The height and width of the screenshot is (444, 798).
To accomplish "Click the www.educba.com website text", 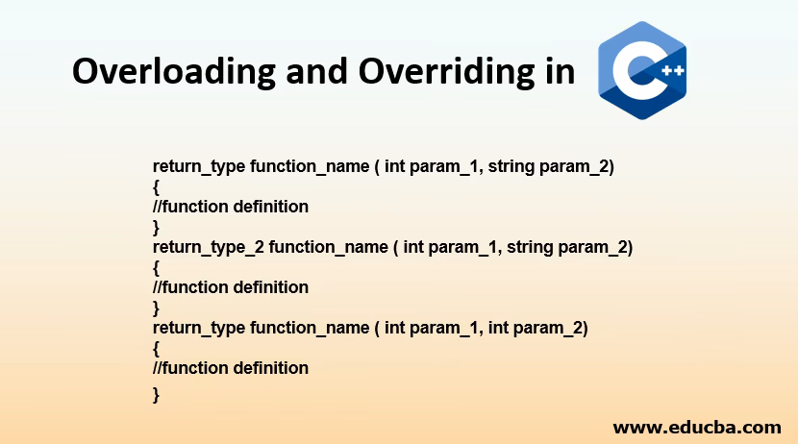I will click(x=697, y=427).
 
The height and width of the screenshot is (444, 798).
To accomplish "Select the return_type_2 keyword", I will click(x=209, y=247).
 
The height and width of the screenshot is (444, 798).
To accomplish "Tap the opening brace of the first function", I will click(x=157, y=186).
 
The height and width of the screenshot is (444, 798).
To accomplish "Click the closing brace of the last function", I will click(x=157, y=393).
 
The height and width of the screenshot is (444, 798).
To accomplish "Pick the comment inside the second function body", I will click(x=231, y=287).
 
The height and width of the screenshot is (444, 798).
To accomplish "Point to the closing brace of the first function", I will click(x=157, y=227).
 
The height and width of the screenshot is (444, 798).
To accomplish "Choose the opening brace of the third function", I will click(x=157, y=348).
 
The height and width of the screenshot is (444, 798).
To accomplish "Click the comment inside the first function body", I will click(x=231, y=207).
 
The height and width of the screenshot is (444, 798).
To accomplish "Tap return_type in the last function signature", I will click(x=199, y=328).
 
